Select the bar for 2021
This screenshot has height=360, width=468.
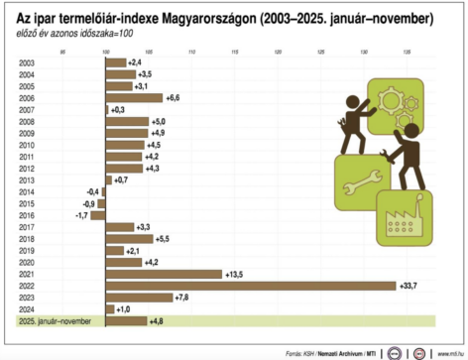164,274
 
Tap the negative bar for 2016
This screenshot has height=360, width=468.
98,214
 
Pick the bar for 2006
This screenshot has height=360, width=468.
134,98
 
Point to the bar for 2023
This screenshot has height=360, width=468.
139,298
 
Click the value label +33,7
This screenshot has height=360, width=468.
409,286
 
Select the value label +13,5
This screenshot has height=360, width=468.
235,274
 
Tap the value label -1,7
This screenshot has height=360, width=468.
81,214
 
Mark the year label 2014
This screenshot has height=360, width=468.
26,191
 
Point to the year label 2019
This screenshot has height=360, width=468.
26,250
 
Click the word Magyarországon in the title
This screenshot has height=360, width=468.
204,19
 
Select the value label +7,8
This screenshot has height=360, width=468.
181,298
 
